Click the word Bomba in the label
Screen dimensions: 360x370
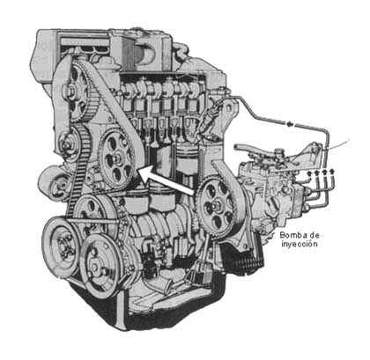(292, 235)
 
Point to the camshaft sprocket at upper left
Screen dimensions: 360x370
(78, 88)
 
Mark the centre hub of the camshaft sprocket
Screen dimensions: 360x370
(78, 88)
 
